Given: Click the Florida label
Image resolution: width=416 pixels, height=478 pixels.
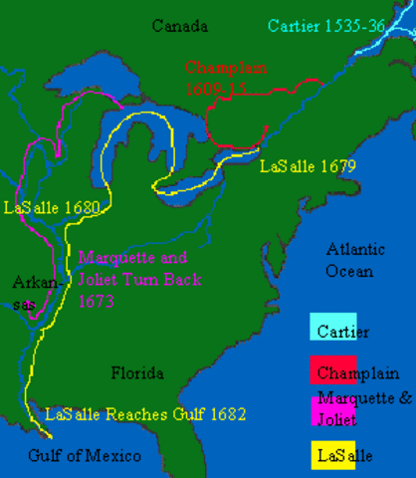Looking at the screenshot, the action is tap(136, 373).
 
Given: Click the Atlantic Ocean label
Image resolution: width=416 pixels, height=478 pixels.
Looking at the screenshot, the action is tap(350, 260).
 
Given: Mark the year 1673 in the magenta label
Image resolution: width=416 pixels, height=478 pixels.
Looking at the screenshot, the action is tap(98, 300).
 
